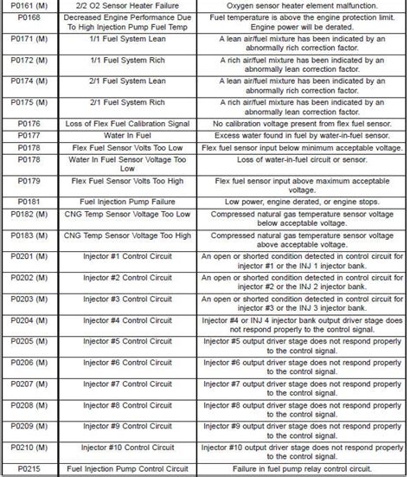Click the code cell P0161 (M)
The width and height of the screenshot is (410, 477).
pyautogui.click(x=29, y=6)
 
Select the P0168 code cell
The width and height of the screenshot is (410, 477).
pyautogui.click(x=29, y=22)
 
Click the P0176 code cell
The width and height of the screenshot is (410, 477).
pyautogui.click(x=29, y=123)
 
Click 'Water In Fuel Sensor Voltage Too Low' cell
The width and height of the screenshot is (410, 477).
pyautogui.click(x=120, y=164)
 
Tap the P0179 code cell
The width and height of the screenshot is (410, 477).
pyautogui.click(x=29, y=184)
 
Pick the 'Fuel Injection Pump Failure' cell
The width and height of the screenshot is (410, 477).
pyautogui.click(x=120, y=201)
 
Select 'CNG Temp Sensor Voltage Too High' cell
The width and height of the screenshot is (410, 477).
pyautogui.click(x=120, y=237)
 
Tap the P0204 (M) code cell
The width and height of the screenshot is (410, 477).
pyautogui.click(x=29, y=320)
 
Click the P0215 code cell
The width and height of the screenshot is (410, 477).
pyautogui.click(x=29, y=468)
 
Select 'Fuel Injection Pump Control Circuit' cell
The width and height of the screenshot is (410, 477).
pyautogui.click(x=120, y=468)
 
